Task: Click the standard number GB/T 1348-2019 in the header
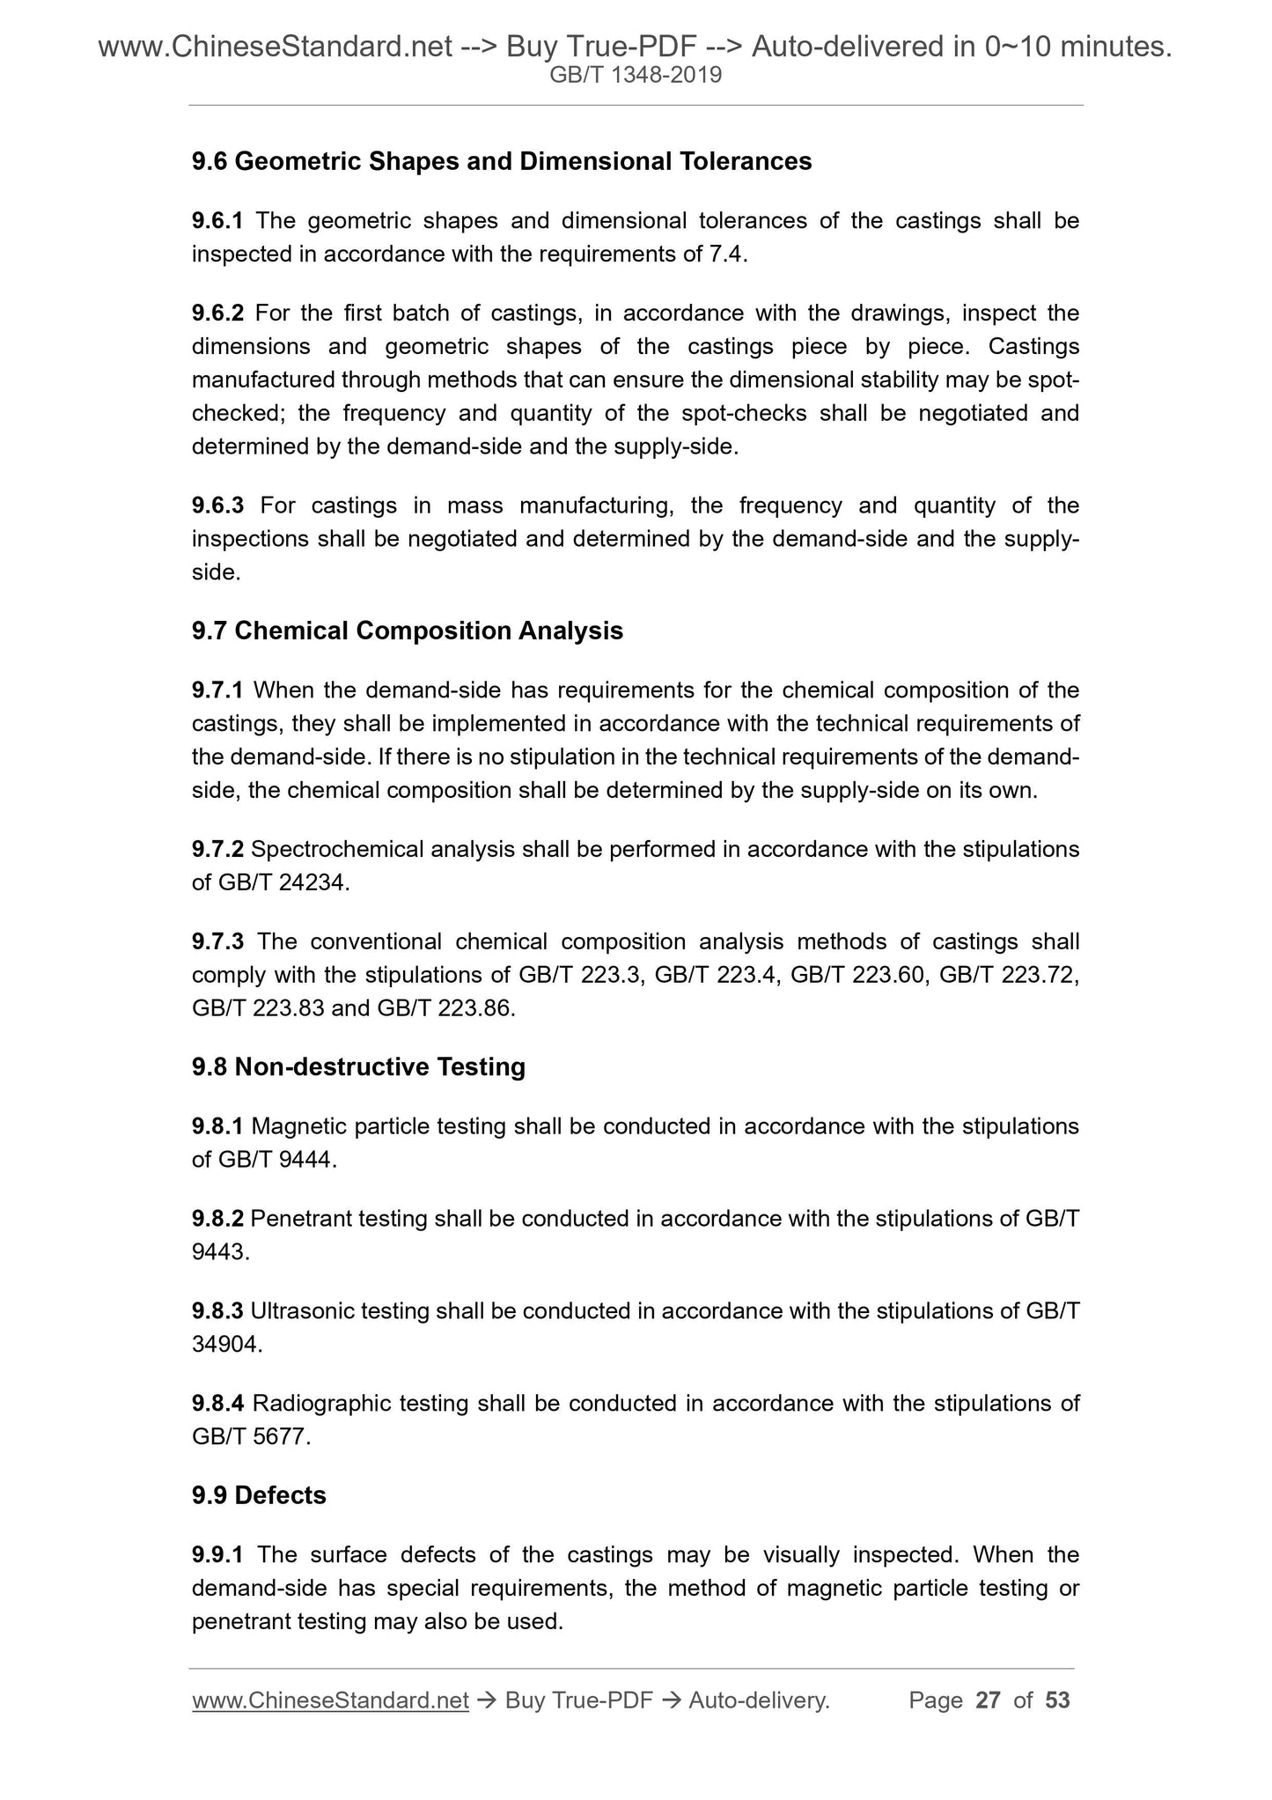[636, 76]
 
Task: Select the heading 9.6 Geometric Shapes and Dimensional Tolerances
[502, 162]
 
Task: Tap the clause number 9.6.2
[219, 314]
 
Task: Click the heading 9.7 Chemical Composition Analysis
[407, 631]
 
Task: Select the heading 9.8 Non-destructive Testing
[358, 1066]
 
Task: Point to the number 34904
[225, 1345]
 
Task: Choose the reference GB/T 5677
[250, 1437]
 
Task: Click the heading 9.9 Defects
[259, 1495]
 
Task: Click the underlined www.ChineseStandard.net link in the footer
[329, 1700]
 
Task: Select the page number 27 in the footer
[989, 1700]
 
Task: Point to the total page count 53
[1057, 1700]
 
